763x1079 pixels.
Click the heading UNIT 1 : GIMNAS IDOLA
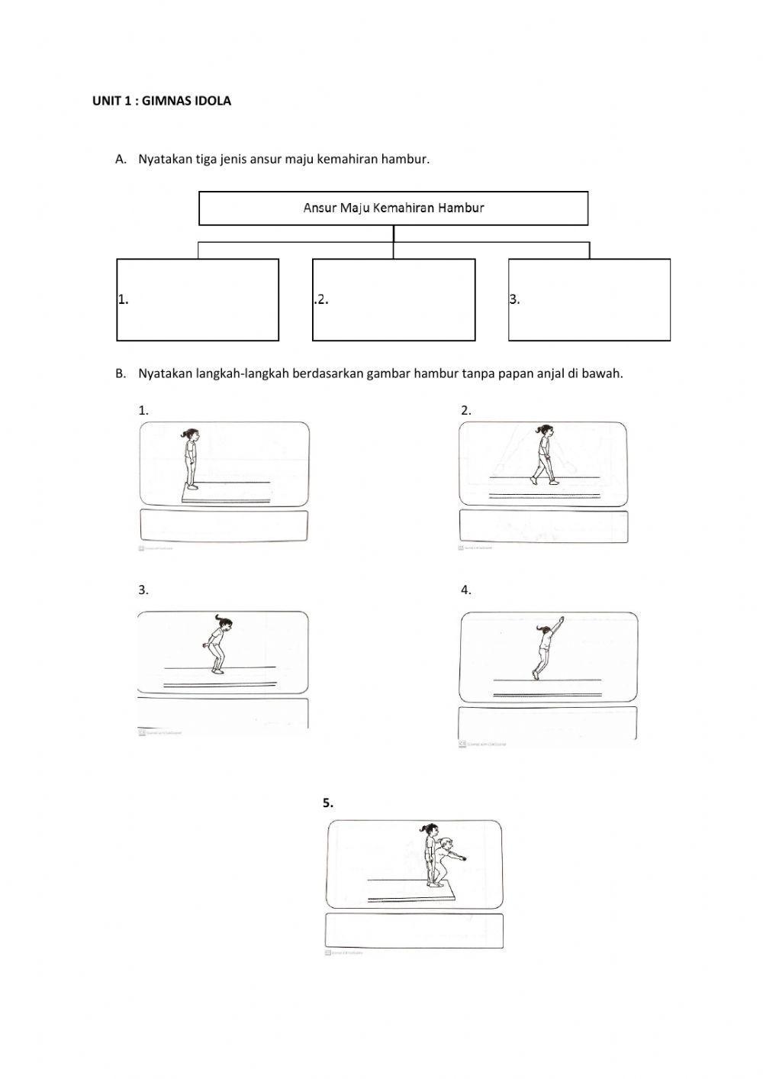point(161,101)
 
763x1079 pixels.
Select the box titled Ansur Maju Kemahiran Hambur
point(393,208)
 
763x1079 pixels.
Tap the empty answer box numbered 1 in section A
point(198,299)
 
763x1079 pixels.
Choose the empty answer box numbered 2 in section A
point(394,299)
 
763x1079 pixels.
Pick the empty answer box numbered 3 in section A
point(589,299)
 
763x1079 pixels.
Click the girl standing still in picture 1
point(191,458)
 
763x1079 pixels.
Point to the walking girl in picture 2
point(544,455)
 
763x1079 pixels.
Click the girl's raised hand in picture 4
point(562,618)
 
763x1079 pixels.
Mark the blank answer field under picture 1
point(224,526)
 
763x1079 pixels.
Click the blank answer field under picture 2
point(543,526)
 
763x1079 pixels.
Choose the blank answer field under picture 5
point(414,930)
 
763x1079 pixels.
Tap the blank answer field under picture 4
point(547,722)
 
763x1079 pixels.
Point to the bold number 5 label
point(328,803)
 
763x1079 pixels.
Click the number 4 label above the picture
point(465,590)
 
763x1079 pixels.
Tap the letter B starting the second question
point(120,374)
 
